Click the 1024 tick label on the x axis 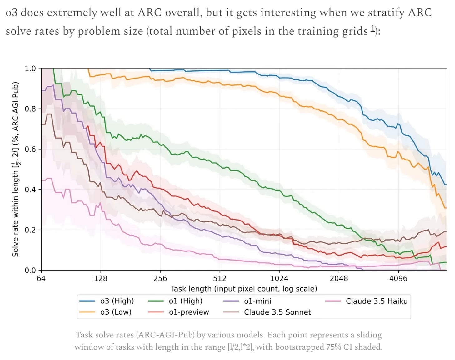[x=279, y=278]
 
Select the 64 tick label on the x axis [x=41, y=278]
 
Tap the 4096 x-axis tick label [x=398, y=278]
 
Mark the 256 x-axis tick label [x=160, y=278]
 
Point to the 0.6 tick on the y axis [x=31, y=149]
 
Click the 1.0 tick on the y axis [x=31, y=68]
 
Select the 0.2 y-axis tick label [x=31, y=230]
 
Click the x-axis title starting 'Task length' [x=244, y=289]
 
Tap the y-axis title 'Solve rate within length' [x=16, y=169]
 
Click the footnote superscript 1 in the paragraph [x=373, y=29]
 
